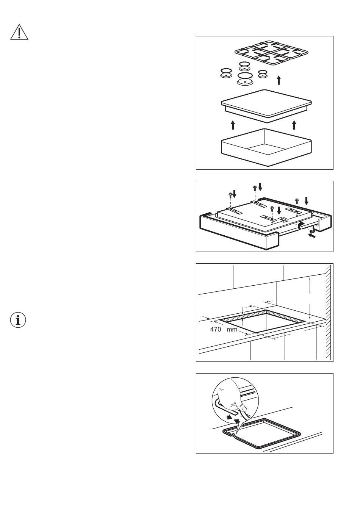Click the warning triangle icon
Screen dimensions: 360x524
click(19, 32)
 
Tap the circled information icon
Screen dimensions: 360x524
click(18, 320)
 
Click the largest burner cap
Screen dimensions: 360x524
click(245, 79)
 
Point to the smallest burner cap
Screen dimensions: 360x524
click(263, 74)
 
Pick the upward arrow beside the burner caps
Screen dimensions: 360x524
click(279, 80)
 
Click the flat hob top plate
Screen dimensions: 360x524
click(266, 105)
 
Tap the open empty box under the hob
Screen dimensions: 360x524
click(266, 147)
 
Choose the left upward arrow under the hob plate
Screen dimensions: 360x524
click(233, 125)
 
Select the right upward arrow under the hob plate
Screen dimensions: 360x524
click(294, 125)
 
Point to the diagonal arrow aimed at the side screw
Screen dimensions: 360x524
click(312, 236)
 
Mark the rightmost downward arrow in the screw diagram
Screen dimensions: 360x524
click(307, 201)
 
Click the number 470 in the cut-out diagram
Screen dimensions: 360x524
click(216, 329)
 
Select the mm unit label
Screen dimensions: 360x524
click(232, 330)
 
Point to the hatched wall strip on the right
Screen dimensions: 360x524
click(329, 312)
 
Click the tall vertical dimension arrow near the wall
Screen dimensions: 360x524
click(310, 298)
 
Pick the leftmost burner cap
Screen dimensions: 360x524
click(227, 73)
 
